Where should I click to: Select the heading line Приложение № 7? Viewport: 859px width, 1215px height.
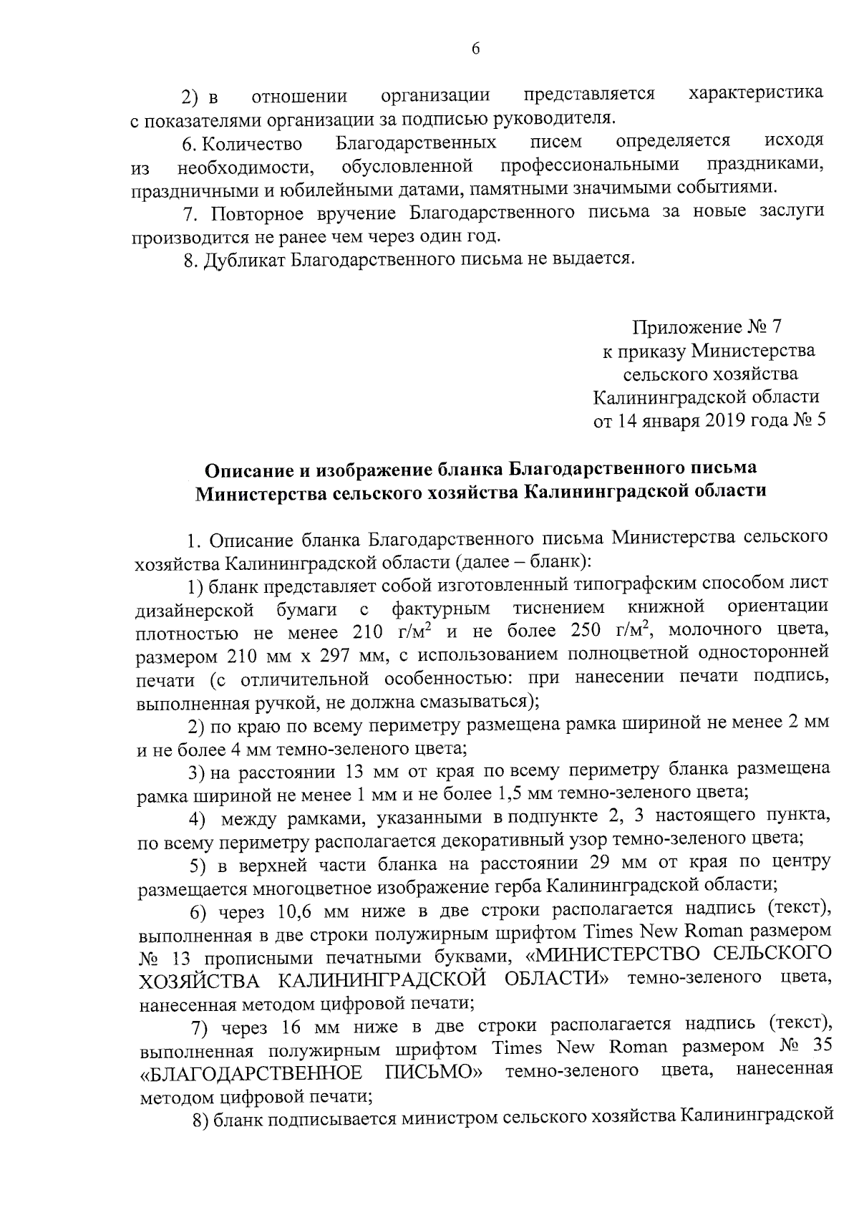point(706,327)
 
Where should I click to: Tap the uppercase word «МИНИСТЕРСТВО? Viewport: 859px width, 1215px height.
point(615,955)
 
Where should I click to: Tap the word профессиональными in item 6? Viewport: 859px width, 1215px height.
point(590,167)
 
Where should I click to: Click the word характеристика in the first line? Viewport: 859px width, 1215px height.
point(755,93)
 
